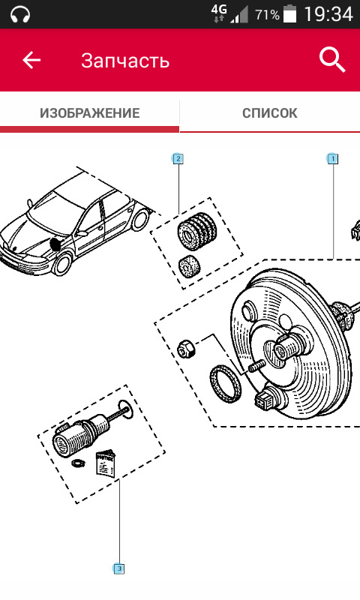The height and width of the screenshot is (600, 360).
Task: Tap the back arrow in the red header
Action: coord(31,61)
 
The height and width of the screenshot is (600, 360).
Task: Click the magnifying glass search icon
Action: coord(332,60)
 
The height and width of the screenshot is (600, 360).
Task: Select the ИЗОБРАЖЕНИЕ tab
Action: coord(90,113)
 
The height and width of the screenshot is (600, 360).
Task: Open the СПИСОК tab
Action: coord(270,113)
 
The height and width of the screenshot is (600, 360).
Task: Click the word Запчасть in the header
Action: coord(125,61)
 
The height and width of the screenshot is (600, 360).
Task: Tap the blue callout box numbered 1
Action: coord(333,158)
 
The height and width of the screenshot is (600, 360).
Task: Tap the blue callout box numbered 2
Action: coord(178,158)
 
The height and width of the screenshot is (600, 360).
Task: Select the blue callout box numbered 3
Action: coord(119,568)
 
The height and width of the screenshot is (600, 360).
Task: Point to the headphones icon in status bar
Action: coord(20,14)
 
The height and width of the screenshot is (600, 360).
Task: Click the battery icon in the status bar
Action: coord(290,13)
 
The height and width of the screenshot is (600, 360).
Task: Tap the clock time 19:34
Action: coord(328,14)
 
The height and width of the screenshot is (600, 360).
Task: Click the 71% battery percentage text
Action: coord(268,15)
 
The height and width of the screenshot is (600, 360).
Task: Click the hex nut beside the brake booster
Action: coord(186,348)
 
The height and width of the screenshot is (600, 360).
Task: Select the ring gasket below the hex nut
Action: coord(226,384)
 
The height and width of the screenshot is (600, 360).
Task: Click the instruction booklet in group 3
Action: coord(105,463)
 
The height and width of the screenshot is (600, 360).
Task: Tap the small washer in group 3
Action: coord(78,463)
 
